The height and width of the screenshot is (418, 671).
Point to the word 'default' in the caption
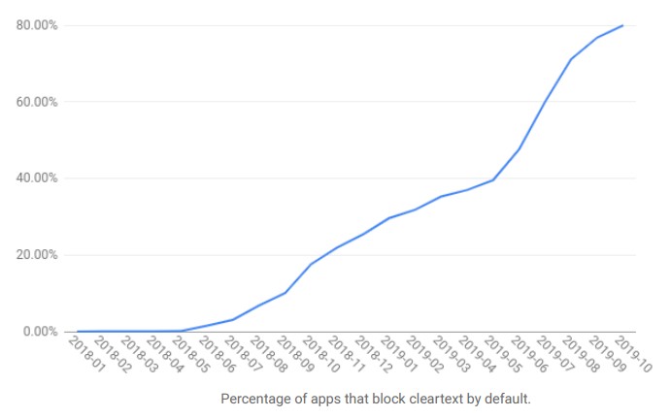coord(507,400)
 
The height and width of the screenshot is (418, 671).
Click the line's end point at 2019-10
coord(622,25)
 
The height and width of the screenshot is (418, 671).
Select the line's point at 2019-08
coord(571,59)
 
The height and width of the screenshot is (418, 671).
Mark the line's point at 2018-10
coord(311,264)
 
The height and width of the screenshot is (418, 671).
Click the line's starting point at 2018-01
coord(78,332)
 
